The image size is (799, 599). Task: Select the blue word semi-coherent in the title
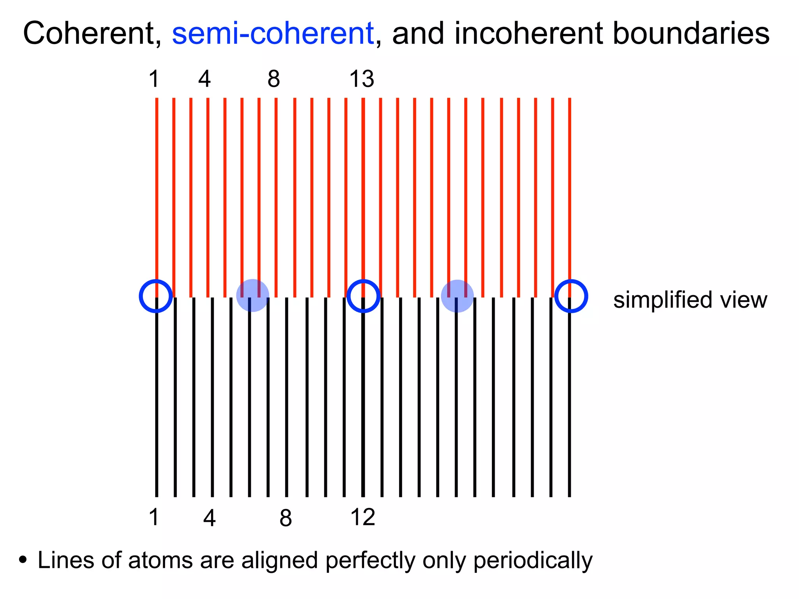(273, 34)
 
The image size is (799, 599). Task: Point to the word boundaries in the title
(691, 34)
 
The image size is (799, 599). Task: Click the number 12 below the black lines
(362, 517)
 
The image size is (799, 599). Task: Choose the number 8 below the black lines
(286, 518)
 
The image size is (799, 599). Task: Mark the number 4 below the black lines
(210, 518)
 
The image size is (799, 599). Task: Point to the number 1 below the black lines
(154, 517)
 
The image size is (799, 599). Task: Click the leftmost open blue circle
(156, 296)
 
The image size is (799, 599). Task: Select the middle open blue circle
(364, 296)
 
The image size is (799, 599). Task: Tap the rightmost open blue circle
(571, 296)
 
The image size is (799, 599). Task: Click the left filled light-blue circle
(253, 296)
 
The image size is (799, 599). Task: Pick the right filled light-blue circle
(457, 296)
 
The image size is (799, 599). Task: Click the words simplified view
(690, 300)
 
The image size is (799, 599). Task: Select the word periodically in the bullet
(533, 560)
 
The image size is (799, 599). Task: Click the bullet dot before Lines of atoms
(23, 560)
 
